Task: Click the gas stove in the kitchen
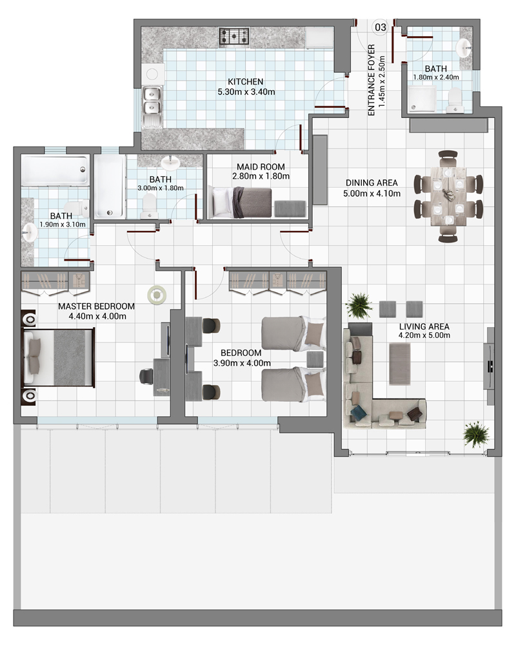point(234,36)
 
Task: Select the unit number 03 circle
point(380,27)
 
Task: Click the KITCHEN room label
point(246,82)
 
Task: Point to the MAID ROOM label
point(261,166)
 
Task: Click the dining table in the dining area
point(448,196)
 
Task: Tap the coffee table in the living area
point(399,364)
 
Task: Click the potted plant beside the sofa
point(359,305)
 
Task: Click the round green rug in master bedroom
point(157,295)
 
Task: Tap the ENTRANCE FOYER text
point(371,80)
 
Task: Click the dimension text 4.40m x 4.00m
point(97,316)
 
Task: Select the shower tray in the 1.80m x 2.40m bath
point(422,99)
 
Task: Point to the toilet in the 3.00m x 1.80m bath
point(149,206)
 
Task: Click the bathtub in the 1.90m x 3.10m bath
point(55,170)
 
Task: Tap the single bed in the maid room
point(240,203)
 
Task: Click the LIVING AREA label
point(424,326)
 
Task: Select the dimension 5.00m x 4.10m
point(372,193)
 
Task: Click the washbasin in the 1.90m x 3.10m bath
point(29,233)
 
